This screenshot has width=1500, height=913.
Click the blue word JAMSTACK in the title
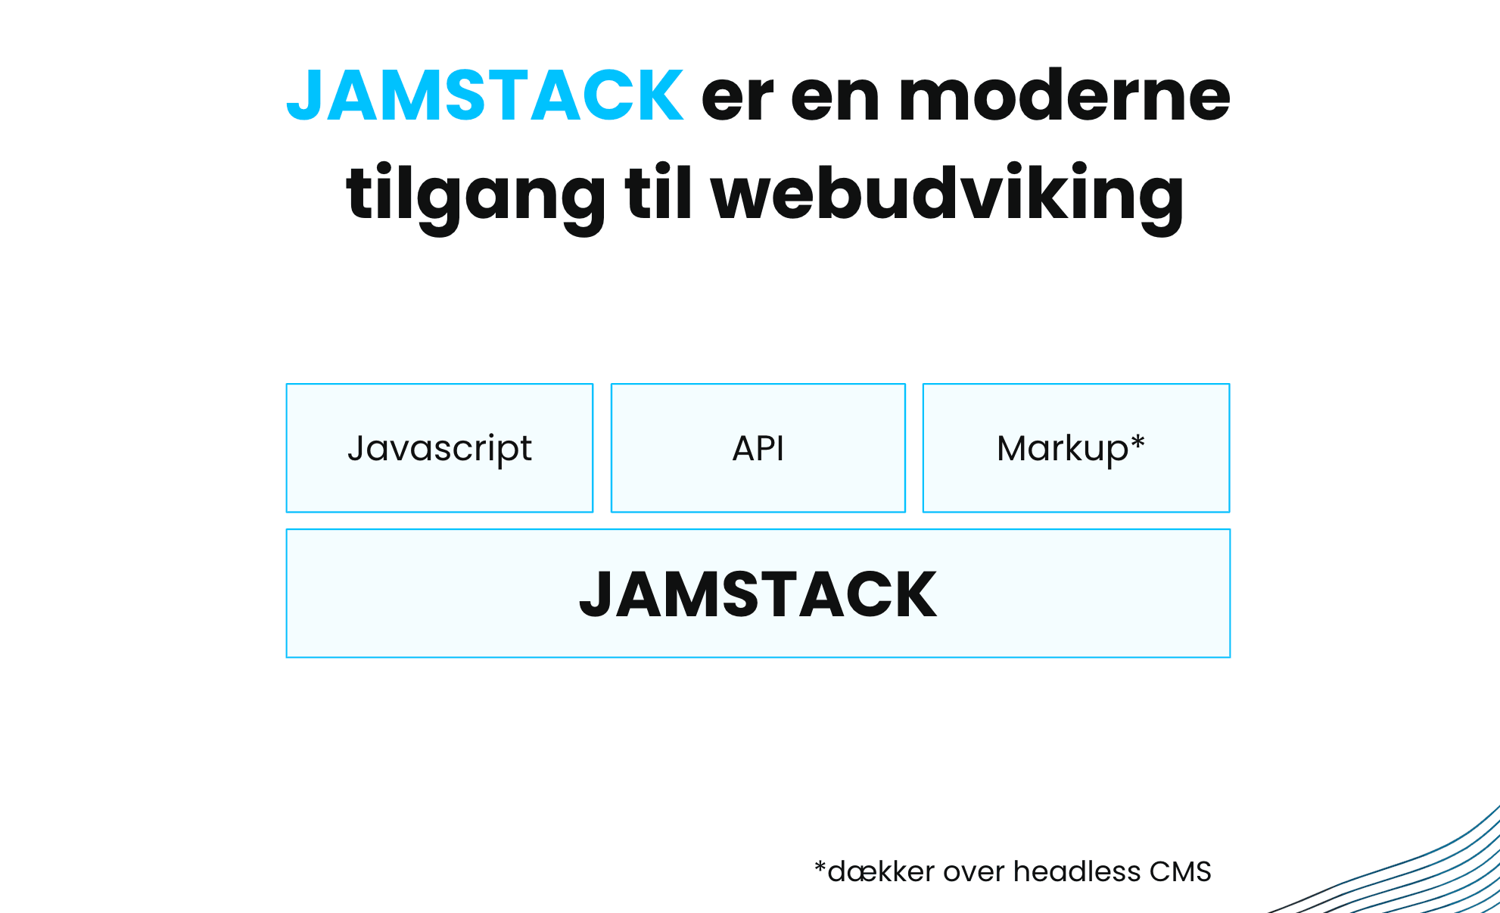click(x=485, y=95)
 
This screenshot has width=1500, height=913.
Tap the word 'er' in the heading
click(x=738, y=101)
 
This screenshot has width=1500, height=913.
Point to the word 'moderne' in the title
click(x=1065, y=95)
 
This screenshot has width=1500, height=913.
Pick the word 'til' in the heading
click(x=658, y=192)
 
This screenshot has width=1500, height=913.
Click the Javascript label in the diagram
click(x=440, y=449)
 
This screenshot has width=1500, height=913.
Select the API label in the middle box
click(x=758, y=448)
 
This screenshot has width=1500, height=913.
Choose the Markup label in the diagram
click(x=1062, y=449)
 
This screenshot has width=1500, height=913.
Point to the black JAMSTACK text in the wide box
click(x=758, y=595)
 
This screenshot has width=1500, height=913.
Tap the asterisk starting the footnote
click(x=820, y=866)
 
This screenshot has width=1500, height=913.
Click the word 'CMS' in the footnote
click(x=1181, y=872)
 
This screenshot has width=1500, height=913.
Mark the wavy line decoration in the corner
click(x=1400, y=871)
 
